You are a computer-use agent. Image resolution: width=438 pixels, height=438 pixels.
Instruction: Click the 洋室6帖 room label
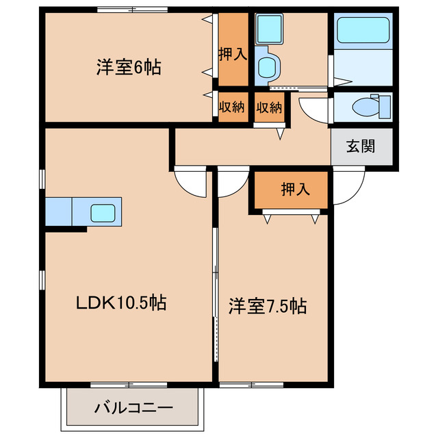pos(128,68)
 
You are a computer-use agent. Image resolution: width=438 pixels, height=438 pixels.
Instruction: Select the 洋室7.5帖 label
pos(267,307)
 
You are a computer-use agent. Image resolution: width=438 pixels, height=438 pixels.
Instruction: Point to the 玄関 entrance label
pos(361,147)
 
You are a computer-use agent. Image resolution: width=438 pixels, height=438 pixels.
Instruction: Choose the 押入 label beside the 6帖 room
pos(233,55)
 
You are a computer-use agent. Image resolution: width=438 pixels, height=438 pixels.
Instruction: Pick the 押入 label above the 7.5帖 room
pos(295,189)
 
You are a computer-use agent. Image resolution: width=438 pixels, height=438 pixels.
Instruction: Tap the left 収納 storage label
pos(232,107)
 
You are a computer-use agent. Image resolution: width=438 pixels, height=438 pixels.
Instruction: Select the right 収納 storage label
pos(269,107)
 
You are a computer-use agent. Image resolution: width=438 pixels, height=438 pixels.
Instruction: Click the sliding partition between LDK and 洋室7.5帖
pos(216,274)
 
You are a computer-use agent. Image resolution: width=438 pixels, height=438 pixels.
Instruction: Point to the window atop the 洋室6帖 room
pos(131,10)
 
